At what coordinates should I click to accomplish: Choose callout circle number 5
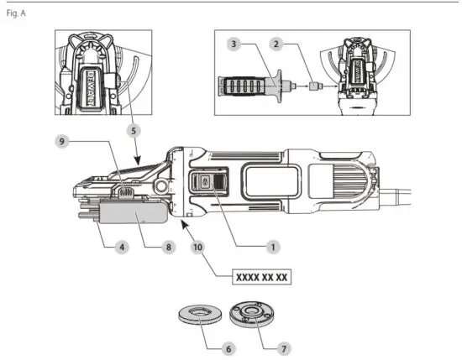click(x=135, y=131)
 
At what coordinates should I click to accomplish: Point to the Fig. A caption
click(x=16, y=14)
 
